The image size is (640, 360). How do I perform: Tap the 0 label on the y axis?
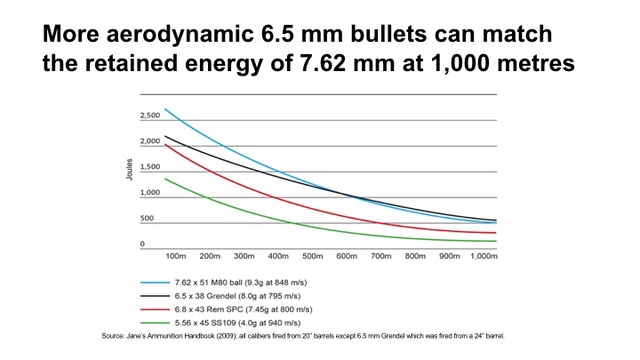142,244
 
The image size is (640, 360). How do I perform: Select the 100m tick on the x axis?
178,257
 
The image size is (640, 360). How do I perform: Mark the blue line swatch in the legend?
152,283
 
